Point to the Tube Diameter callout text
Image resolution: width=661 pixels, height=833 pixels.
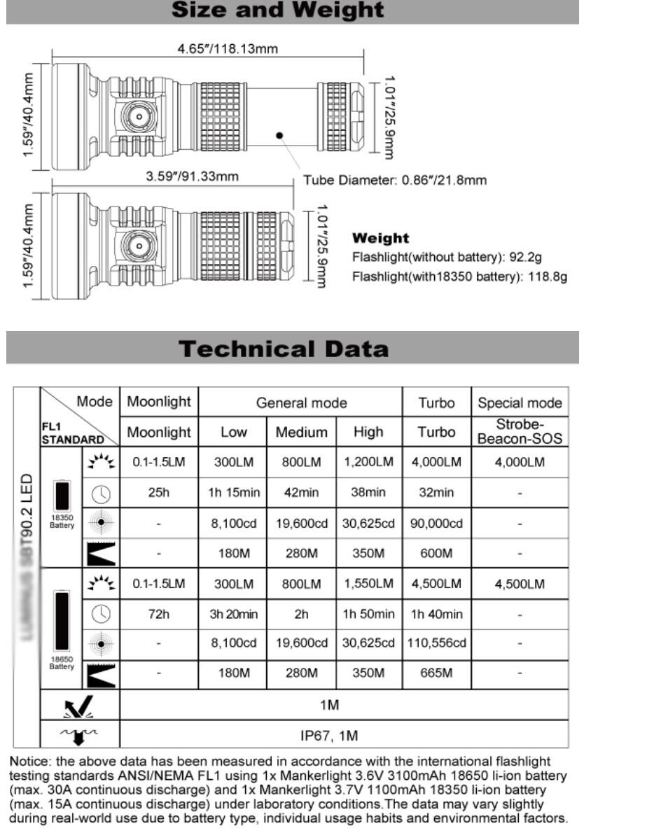[394, 181]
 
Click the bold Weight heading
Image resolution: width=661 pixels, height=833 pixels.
[380, 239]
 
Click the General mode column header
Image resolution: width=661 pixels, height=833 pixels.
[301, 402]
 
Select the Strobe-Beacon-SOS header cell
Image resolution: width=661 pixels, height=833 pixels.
[519, 432]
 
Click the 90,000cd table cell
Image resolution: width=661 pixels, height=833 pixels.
[437, 523]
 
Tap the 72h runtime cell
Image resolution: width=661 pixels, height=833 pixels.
[159, 614]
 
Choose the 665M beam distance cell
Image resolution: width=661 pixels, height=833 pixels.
[437, 673]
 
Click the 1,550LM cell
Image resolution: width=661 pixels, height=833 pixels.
[368, 584]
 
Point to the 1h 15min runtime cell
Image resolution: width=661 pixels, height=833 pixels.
[233, 493]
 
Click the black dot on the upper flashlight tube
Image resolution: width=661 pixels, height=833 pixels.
[279, 135]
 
